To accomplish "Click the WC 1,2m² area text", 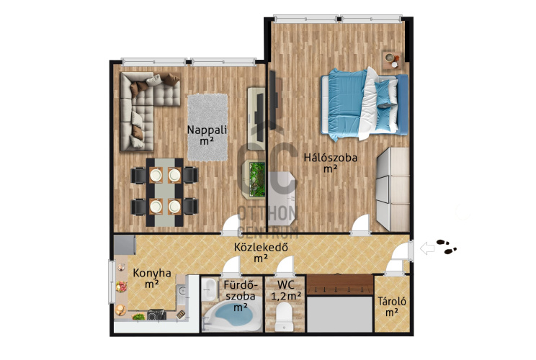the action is pyautogui.click(x=286, y=291).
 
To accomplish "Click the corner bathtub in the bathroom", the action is pyautogui.click(x=231, y=315).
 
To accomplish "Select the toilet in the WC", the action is pyautogui.click(x=284, y=317).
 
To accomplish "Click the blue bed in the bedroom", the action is pyautogui.click(x=365, y=104).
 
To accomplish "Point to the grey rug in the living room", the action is pyautogui.click(x=207, y=127).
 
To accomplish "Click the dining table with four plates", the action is pyautogui.click(x=164, y=192).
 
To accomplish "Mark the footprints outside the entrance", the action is pyautogui.click(x=447, y=247).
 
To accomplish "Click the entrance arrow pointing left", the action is pyautogui.click(x=427, y=248).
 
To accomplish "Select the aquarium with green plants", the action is pyautogui.click(x=256, y=179).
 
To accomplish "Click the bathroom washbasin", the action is pyautogui.click(x=208, y=289).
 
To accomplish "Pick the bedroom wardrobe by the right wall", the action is pyautogui.click(x=393, y=189).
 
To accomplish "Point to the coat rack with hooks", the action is pyautogui.click(x=340, y=285).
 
